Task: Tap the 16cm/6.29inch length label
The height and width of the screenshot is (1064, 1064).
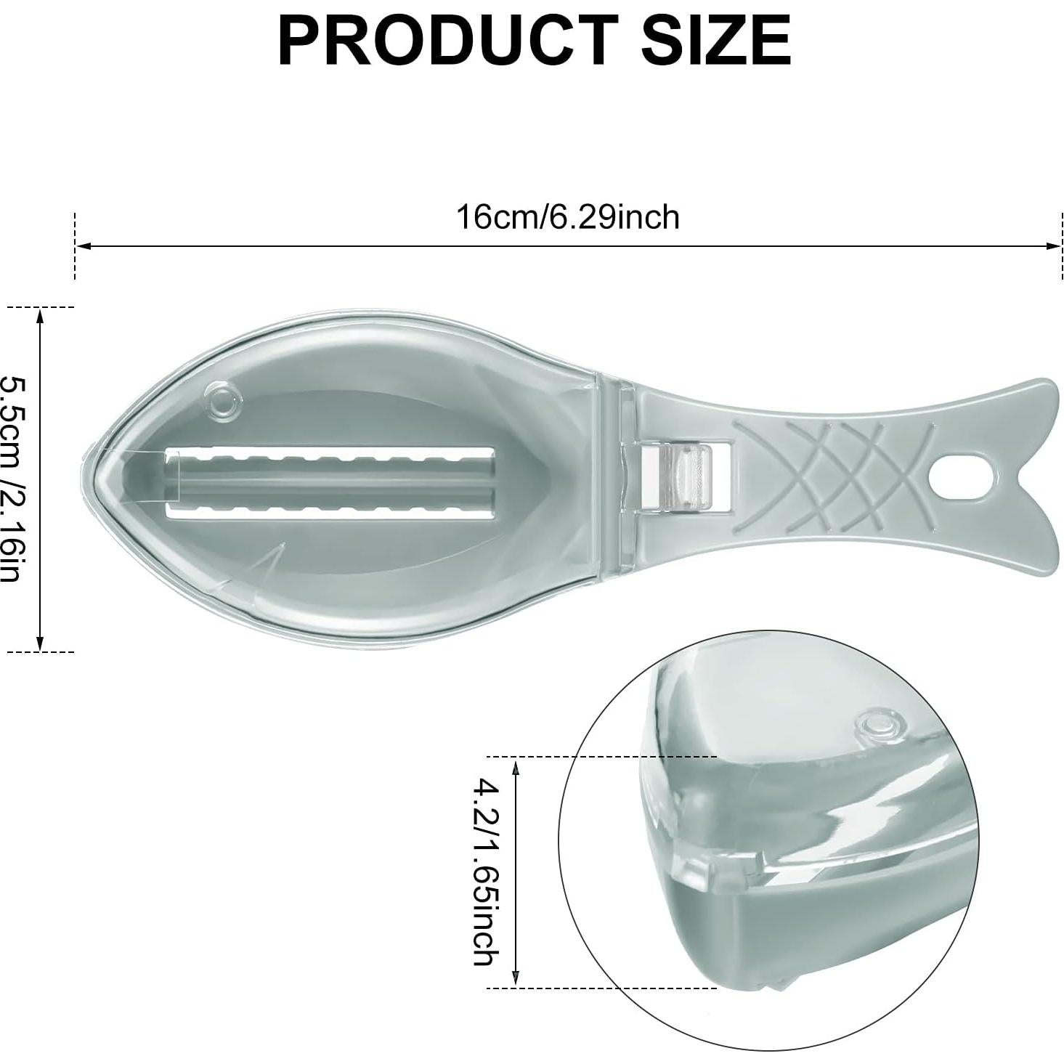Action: coord(568,217)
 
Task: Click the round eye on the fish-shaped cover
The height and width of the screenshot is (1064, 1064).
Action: coord(223,399)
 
